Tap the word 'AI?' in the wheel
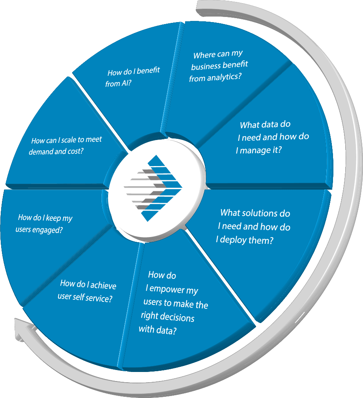click(125, 83)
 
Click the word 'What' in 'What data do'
click(249, 125)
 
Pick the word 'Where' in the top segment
click(204, 55)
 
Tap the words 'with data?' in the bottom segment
click(157, 330)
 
